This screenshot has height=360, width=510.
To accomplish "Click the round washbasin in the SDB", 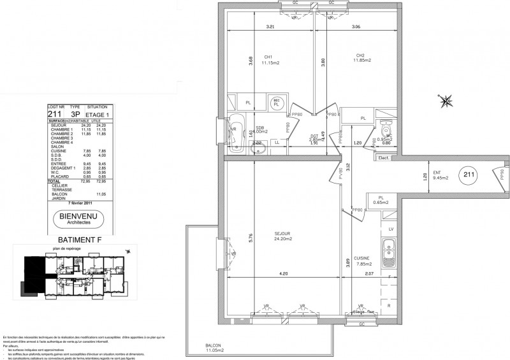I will tap(277, 103).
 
